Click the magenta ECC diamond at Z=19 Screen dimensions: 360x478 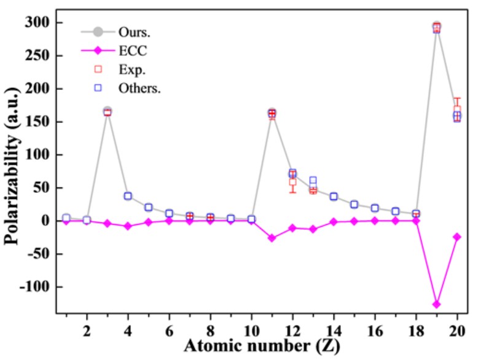pyautogui.click(x=436, y=304)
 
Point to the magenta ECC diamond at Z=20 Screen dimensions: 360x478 pyautogui.click(x=457, y=237)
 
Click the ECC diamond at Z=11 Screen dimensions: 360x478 pyautogui.click(x=272, y=238)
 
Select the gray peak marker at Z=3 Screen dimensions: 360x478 pyautogui.click(x=108, y=111)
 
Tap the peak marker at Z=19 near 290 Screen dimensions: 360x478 pyautogui.click(x=436, y=27)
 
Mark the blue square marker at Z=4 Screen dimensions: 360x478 pyautogui.click(x=128, y=196)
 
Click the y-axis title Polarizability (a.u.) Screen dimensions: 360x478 pyautogui.click(x=12, y=166)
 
